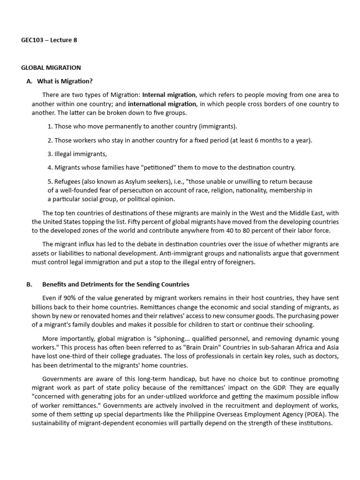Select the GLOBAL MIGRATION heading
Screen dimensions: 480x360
pos(51,68)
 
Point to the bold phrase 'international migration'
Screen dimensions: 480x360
pos(162,104)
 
